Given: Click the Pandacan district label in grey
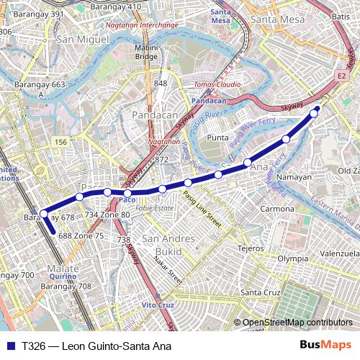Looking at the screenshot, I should coord(153,114).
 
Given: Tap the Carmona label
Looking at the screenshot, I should coord(277,209).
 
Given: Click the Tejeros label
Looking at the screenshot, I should coord(251,248).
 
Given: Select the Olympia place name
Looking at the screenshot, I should coord(293,258).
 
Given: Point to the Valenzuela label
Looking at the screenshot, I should coord(341,254).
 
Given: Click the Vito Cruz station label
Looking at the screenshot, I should coord(158,305).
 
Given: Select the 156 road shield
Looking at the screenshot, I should coord(61,143).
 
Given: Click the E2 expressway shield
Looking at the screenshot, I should coord(341,76).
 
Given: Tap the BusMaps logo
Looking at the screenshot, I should coord(326,345).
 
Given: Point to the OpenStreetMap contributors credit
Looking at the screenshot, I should coord(297,323).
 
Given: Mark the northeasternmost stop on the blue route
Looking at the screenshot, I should coord(314,113).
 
